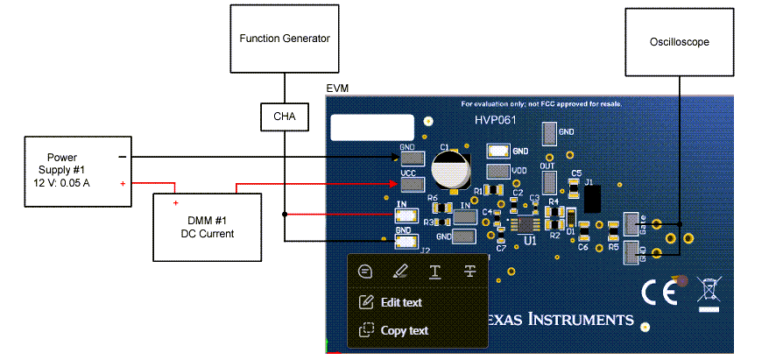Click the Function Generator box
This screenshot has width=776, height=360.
point(284,39)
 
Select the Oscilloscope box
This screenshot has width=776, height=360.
point(679,41)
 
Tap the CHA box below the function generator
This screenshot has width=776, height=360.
point(284,116)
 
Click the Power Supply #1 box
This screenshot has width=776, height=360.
point(78,171)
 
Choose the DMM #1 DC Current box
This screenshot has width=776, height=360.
point(208,227)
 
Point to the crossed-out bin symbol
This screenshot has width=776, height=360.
point(709,290)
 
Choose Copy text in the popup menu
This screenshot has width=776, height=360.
point(404,330)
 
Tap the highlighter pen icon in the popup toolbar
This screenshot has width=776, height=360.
point(399,271)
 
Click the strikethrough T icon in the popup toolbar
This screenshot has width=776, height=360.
point(469,271)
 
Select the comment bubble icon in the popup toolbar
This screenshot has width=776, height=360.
point(365,271)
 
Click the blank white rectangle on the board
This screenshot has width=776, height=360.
point(371,128)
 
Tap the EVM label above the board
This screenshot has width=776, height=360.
point(336,89)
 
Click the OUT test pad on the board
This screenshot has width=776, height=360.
point(549,181)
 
